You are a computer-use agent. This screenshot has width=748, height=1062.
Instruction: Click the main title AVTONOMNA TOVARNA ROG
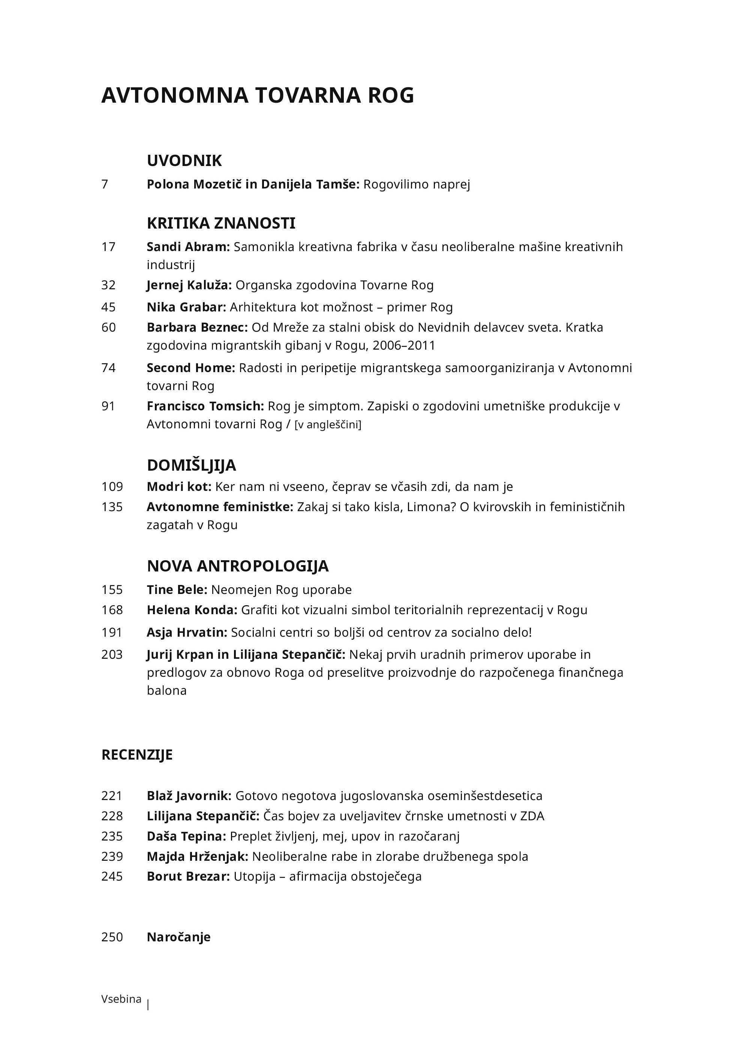[x=257, y=95]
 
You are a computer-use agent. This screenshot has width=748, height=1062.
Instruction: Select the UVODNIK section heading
[x=184, y=160]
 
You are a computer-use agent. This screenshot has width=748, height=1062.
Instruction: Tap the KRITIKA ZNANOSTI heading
[x=221, y=223]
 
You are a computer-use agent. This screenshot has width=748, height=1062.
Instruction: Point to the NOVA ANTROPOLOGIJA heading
[x=237, y=566]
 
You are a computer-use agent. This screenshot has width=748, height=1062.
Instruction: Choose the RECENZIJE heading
[x=136, y=754]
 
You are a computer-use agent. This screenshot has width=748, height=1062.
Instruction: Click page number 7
[x=105, y=184]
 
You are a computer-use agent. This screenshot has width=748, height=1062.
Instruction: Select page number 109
[x=112, y=487]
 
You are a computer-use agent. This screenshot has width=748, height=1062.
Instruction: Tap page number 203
[x=112, y=655]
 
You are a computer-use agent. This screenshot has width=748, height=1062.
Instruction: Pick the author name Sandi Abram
[x=188, y=247]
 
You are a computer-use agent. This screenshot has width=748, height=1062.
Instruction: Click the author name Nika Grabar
[x=186, y=307]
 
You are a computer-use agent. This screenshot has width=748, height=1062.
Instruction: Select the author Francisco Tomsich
[x=205, y=406]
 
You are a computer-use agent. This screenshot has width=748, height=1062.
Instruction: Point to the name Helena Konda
[x=192, y=610]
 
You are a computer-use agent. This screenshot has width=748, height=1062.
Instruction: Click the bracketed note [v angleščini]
[x=328, y=425]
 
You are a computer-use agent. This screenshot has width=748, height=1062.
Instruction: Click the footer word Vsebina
[x=121, y=999]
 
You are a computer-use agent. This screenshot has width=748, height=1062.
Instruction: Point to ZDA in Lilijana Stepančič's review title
[x=532, y=815]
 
